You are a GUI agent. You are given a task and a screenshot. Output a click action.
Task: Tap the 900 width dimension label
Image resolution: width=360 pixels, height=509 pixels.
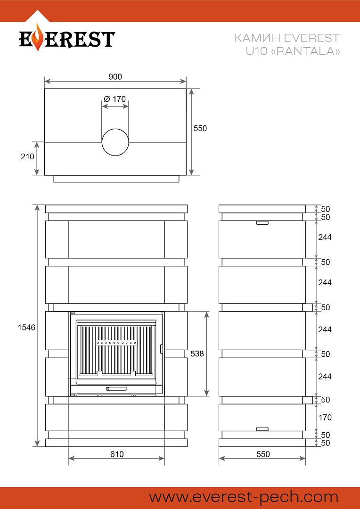tap(115, 77)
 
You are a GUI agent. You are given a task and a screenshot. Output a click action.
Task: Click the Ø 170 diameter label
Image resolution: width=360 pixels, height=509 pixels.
tap(115, 99)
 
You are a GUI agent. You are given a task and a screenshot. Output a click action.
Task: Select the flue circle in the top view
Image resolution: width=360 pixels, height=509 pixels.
tap(115, 142)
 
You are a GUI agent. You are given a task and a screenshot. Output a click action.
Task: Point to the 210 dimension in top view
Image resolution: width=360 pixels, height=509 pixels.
tap(27, 156)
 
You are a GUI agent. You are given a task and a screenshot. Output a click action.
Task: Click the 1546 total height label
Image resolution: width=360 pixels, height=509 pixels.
tap(26, 328)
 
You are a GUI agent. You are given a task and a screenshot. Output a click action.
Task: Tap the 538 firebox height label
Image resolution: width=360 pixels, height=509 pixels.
tap(197, 353)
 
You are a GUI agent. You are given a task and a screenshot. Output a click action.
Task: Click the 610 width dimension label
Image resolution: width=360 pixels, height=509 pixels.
tap(117, 454)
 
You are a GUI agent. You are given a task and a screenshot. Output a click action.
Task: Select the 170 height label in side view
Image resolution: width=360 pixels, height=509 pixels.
tap(325, 417)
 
